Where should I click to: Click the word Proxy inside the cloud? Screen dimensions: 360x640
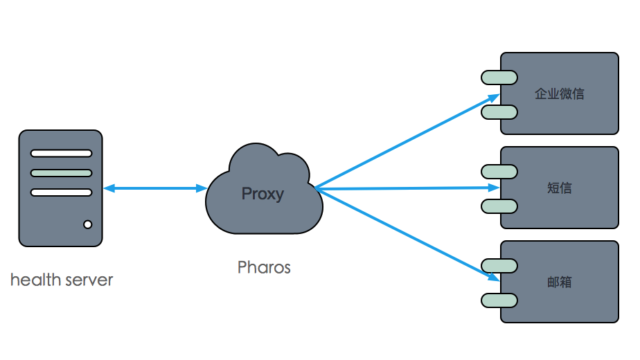point(263,193)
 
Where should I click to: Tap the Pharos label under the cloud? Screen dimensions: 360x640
point(264,267)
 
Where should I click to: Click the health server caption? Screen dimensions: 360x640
point(62,280)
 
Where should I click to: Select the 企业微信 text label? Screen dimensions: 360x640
point(560,93)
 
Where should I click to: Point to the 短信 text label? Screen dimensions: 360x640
point(560,188)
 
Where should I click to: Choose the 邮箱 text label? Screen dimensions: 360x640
point(560,282)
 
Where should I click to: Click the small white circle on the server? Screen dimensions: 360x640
point(88,224)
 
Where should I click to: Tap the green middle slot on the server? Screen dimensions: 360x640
point(61,173)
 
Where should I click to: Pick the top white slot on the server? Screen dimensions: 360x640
point(61,154)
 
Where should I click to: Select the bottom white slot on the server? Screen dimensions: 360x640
point(61,192)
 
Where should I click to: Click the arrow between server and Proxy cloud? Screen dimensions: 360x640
point(155,188)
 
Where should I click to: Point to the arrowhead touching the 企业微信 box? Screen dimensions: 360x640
point(494,98)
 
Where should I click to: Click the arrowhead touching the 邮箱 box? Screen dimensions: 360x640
point(494,278)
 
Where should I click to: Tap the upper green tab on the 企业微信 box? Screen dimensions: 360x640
point(499,77)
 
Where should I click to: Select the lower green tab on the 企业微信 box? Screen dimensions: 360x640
point(499,111)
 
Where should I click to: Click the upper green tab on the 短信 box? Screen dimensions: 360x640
point(499,170)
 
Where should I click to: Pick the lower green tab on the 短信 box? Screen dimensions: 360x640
point(499,206)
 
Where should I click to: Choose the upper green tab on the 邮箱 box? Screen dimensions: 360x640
point(499,264)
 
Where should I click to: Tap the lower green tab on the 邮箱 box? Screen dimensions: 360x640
point(499,300)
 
